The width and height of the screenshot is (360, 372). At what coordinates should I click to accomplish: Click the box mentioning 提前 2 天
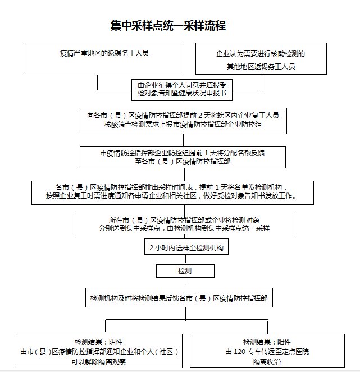[179, 121]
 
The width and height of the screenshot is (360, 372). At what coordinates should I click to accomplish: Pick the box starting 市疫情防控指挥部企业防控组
[179, 157]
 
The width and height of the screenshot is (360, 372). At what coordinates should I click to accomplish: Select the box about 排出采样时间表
[179, 191]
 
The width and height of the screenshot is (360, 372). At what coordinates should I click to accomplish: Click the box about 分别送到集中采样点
[179, 224]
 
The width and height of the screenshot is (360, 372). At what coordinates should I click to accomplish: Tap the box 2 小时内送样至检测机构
[179, 247]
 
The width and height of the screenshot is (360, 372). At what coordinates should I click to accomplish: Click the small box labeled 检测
[185, 271]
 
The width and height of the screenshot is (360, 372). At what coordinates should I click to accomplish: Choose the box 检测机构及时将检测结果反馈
[179, 298]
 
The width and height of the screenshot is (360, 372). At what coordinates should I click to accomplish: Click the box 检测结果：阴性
[99, 352]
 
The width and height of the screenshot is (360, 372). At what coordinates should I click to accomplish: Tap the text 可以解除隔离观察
[99, 362]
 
